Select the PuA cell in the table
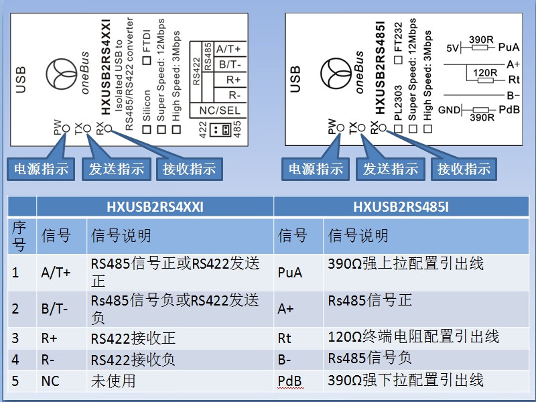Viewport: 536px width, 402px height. [x=290, y=273]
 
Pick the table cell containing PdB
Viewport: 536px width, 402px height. [x=290, y=381]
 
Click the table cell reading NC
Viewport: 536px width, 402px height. [x=50, y=381]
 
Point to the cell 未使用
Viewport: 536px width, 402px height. [x=113, y=381]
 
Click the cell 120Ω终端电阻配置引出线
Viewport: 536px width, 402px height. [x=413, y=337]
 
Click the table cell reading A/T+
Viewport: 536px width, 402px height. [x=56, y=273]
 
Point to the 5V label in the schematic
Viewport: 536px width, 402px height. [x=454, y=48]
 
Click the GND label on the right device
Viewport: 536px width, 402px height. [x=449, y=109]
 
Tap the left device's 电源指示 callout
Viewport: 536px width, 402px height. [x=42, y=169]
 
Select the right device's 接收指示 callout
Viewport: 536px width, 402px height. [x=464, y=169]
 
